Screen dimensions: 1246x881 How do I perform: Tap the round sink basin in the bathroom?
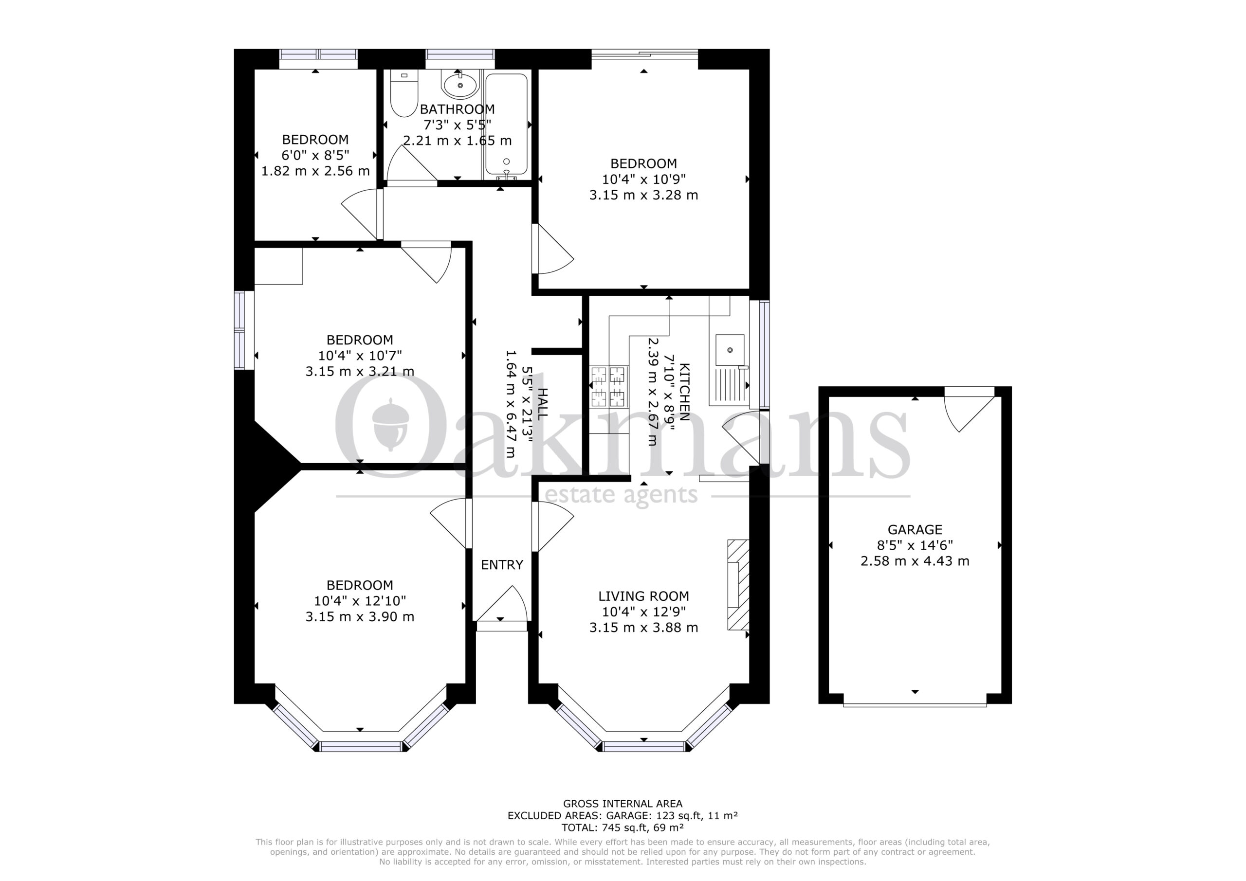(460, 85)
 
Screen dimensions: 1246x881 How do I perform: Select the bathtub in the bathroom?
(506, 125)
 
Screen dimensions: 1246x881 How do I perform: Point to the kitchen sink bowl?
(730, 350)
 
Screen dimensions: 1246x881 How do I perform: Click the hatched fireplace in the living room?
(738, 585)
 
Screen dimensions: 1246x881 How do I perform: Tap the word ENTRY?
(502, 565)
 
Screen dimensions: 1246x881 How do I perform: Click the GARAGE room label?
(915, 529)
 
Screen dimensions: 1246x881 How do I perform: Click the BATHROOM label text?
(458, 109)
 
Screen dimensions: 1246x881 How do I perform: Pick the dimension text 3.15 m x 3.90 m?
(360, 617)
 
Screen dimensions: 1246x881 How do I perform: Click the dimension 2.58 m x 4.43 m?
(915, 561)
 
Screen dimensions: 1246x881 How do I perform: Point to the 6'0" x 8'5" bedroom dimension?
(315, 155)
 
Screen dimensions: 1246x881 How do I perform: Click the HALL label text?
(542, 404)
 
